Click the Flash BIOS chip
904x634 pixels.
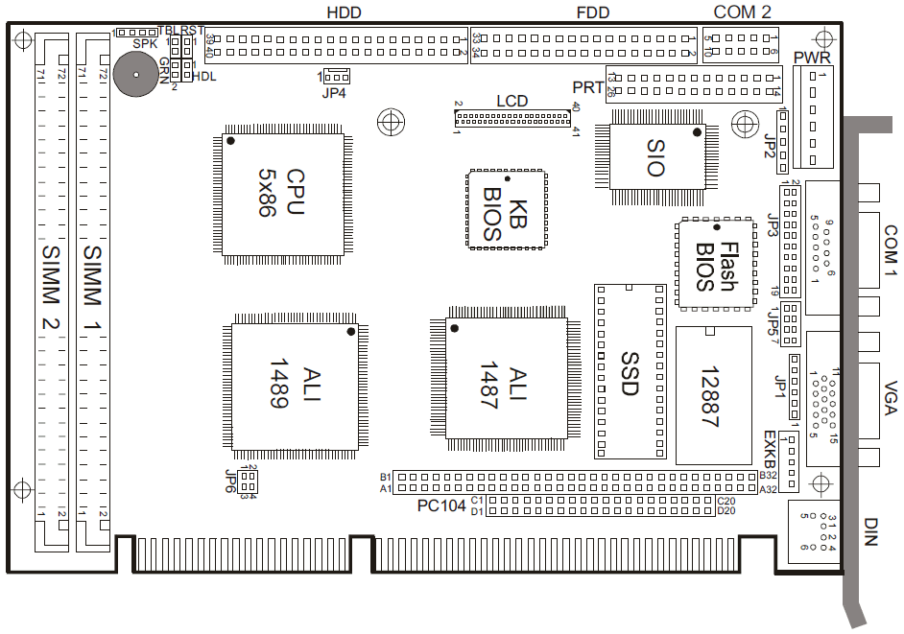coord(717,265)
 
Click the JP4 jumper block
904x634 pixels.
coord(337,76)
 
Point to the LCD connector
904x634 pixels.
coord(512,118)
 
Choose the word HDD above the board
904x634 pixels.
coord(345,12)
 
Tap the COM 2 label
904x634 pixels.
coord(742,12)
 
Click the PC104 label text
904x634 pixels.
coord(440,505)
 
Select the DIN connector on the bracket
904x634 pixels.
coord(815,530)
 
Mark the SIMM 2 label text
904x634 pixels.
coord(50,287)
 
